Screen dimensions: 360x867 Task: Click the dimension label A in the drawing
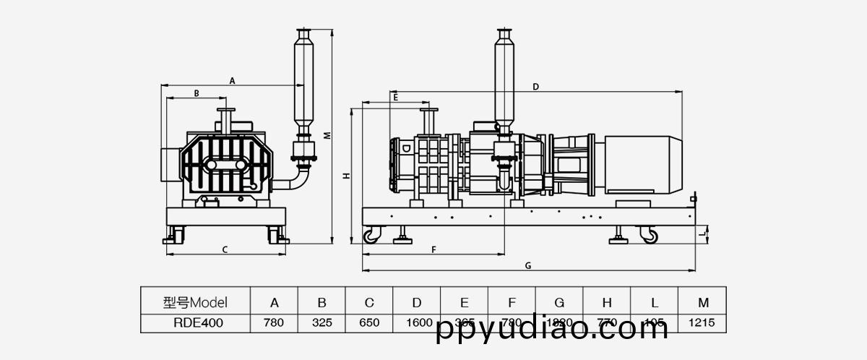[x=232, y=81]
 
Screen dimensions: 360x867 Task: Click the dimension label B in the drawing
[x=196, y=93]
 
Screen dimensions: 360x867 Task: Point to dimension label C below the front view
[x=225, y=250]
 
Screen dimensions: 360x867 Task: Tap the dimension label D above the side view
[x=535, y=87]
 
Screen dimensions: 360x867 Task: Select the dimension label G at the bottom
[x=528, y=265]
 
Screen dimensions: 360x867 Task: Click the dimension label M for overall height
[x=327, y=135]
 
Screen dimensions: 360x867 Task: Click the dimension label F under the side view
[x=433, y=250]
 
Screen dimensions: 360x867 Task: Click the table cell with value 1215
[x=702, y=322]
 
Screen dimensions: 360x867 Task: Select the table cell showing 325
[x=322, y=322]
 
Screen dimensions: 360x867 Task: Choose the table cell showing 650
[x=369, y=322]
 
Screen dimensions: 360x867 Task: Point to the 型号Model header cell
[x=194, y=302]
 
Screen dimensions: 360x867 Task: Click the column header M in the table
[x=702, y=302]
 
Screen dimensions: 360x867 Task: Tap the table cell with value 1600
[x=417, y=322]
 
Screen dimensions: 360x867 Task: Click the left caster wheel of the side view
[x=371, y=236]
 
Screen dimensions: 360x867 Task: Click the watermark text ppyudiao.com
[x=553, y=330]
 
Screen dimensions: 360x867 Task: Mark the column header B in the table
[x=322, y=302]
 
